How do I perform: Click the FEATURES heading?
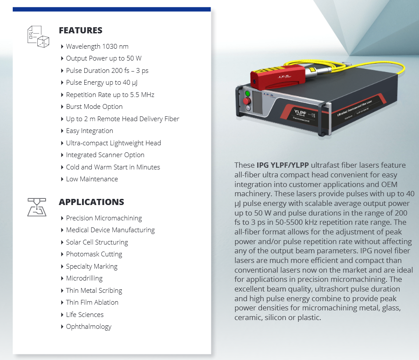point(80,30)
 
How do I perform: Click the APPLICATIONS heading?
point(91,202)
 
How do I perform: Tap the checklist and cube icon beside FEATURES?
point(38,36)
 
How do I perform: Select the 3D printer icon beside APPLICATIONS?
point(37,207)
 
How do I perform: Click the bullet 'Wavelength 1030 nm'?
point(97,47)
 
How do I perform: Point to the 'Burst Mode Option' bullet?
point(94,107)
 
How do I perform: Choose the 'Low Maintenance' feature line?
point(92,179)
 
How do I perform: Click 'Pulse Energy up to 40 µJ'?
point(101,83)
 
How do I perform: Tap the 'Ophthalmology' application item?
point(89,327)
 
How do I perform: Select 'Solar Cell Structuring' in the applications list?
point(97,242)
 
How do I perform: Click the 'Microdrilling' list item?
point(84,278)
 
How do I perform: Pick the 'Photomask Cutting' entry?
point(94,254)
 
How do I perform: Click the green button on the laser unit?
point(247,94)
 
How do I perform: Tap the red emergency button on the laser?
point(247,101)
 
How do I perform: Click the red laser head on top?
point(278,76)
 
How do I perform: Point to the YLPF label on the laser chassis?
point(300,112)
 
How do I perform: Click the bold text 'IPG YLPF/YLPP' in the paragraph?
point(283,165)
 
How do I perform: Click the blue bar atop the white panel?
point(112,9)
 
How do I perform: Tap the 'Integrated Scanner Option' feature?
point(105,155)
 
